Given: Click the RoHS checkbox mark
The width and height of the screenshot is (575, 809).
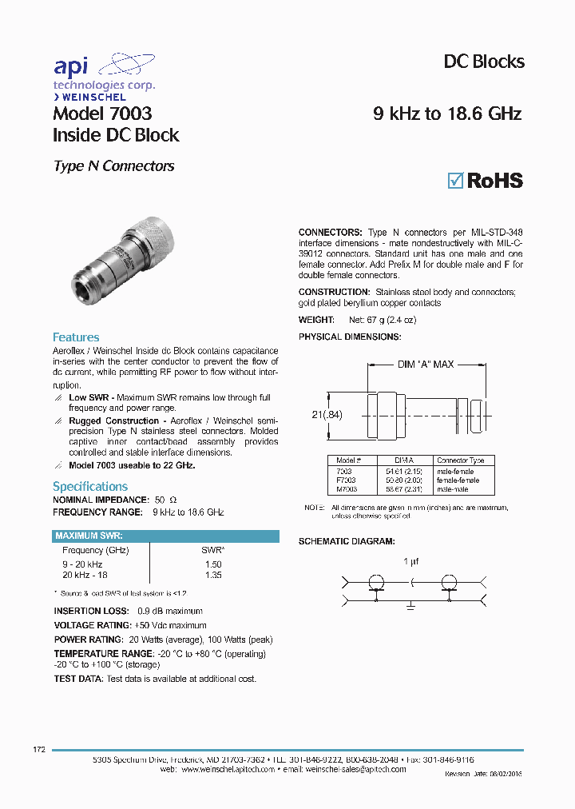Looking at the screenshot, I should coord(455,180).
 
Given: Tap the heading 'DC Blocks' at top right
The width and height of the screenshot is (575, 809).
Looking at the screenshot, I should coord(483,62).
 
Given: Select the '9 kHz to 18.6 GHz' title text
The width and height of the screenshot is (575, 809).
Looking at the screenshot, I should coord(447,114).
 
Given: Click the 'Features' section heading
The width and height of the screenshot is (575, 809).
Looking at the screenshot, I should coord(76,337).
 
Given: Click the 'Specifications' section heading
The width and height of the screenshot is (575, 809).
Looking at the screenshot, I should coord(90,486).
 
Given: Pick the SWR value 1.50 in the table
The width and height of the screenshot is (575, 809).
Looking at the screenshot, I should coord(213,564).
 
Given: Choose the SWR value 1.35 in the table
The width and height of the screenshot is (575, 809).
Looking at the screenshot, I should coord(213,575).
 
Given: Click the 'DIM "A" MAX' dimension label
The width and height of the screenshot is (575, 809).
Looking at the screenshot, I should coord(425,365).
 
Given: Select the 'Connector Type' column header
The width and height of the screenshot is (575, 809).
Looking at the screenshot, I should coord(460,460).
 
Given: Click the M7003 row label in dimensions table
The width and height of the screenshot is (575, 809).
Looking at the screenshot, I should coord(346,488).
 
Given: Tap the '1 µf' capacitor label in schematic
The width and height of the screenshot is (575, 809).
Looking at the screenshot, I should coord(410,561).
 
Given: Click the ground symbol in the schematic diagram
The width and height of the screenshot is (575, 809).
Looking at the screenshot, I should coord(410,606).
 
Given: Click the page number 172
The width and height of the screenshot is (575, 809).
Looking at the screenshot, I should coord(39,749).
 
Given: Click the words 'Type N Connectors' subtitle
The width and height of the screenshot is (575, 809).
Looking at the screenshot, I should coord(113,166).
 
